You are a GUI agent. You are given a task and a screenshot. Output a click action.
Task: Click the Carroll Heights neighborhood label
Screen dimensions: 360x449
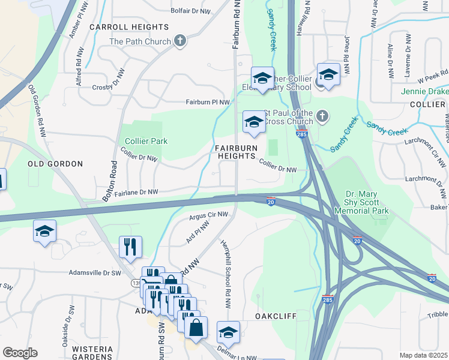coord(129,28)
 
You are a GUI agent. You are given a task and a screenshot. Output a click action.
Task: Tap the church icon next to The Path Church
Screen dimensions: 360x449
coord(179,41)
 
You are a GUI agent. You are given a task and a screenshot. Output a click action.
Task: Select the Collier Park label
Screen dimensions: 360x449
coord(146,142)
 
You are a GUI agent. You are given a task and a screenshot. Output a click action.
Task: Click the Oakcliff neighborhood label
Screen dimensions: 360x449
coord(277,315)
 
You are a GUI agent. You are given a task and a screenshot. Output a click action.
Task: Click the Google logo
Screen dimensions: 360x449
coord(20,353)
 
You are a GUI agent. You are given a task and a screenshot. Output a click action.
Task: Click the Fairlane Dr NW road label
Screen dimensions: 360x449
coord(136,192)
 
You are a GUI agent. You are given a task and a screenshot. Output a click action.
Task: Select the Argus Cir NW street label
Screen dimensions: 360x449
coord(208,215)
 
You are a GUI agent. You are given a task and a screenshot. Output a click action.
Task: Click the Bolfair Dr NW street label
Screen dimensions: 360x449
coord(191,11)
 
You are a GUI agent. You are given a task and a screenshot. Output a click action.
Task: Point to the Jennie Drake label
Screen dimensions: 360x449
coord(425,91)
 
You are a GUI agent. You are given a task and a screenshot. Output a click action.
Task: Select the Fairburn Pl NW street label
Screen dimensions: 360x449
coord(208,103)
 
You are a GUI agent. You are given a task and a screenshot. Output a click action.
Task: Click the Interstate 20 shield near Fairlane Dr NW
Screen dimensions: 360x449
coord(271,200)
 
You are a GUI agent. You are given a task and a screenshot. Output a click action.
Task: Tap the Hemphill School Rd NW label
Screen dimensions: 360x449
coord(228,263)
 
